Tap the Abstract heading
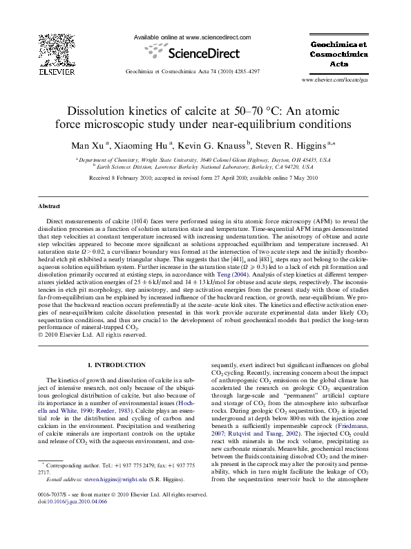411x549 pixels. click(49, 207)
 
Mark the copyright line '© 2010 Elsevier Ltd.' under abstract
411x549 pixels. click(93, 335)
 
